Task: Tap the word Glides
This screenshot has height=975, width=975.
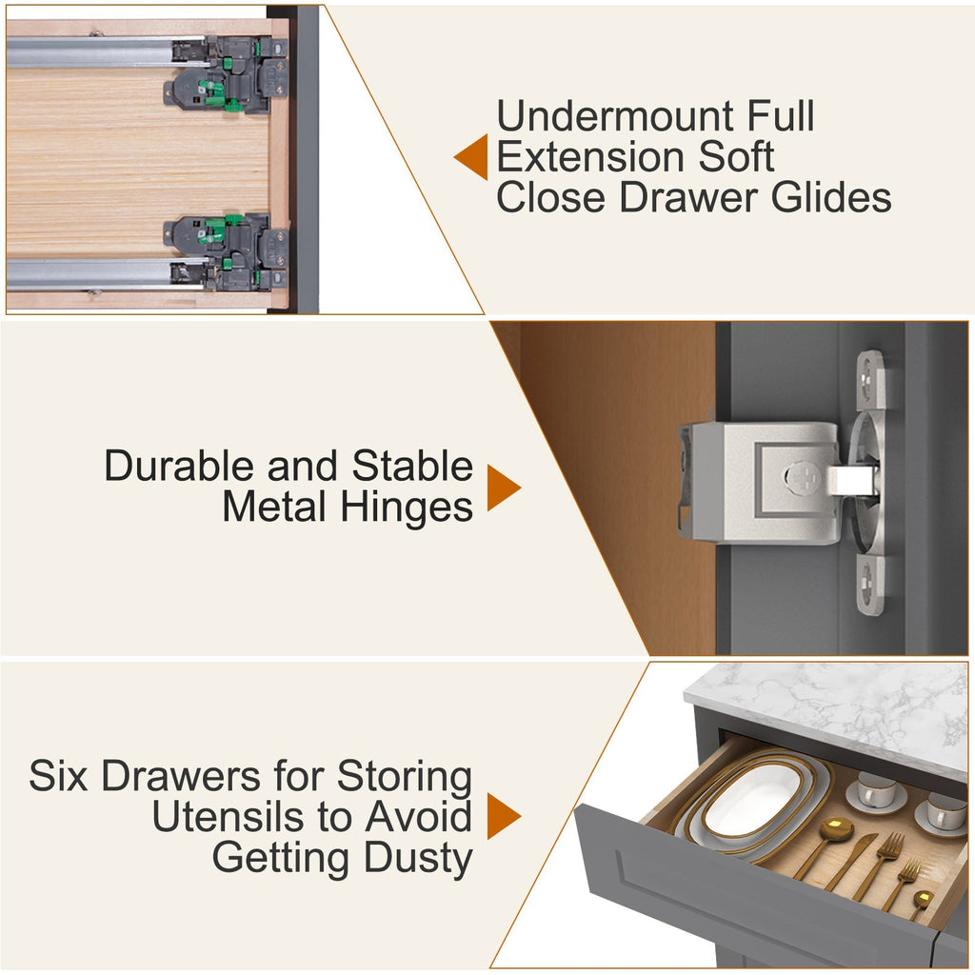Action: (830, 197)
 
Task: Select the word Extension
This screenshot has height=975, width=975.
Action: (591, 157)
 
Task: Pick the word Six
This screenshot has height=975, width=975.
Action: (58, 775)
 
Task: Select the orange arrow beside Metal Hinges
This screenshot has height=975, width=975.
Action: (504, 487)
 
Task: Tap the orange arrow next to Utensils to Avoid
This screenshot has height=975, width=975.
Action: (504, 816)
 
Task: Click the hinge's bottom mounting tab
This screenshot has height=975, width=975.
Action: (870, 586)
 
